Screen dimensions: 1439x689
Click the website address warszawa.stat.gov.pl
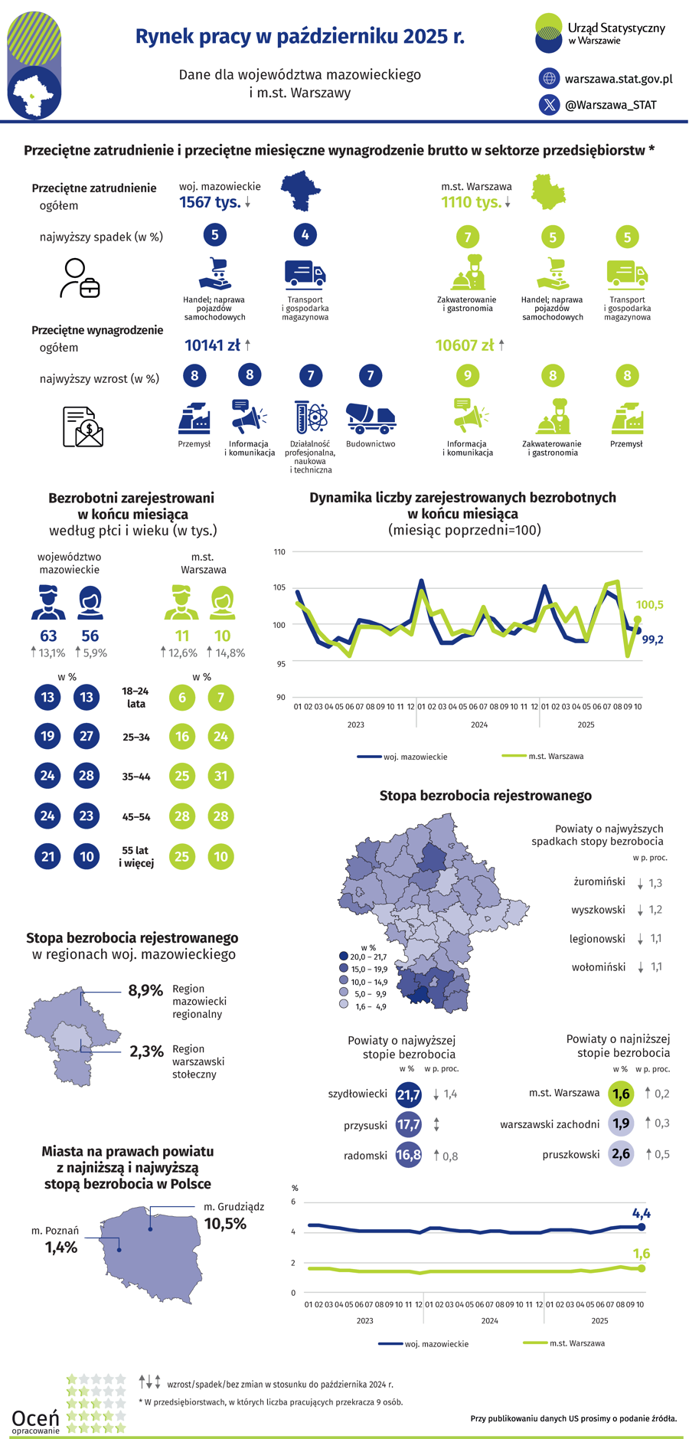click(x=618, y=79)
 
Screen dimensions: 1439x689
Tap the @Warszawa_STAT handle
click(x=610, y=105)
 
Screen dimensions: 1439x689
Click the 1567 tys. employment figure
click(x=210, y=202)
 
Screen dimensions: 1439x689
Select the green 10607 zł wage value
click(x=464, y=345)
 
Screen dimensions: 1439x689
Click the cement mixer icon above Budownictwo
click(x=371, y=417)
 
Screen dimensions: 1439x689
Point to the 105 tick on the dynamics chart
click(x=279, y=588)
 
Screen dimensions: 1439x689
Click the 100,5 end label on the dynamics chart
click(x=649, y=605)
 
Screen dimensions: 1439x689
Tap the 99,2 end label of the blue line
click(x=652, y=639)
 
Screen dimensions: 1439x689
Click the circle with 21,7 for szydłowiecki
click(x=409, y=1094)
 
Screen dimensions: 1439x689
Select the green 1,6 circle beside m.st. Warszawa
click(x=621, y=1094)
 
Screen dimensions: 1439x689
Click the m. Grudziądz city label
click(x=234, y=1206)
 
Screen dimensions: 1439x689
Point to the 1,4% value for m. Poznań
click(x=61, y=1248)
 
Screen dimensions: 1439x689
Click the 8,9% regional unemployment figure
click(x=145, y=990)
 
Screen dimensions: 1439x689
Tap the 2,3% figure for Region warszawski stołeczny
click(x=146, y=1051)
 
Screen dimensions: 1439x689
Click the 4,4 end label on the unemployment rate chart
click(x=642, y=1213)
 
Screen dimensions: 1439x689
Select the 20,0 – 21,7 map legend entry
click(x=368, y=957)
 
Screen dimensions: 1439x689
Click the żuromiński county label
click(x=599, y=881)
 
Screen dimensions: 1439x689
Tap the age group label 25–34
click(x=136, y=737)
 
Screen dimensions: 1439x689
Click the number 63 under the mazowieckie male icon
click(x=48, y=636)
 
